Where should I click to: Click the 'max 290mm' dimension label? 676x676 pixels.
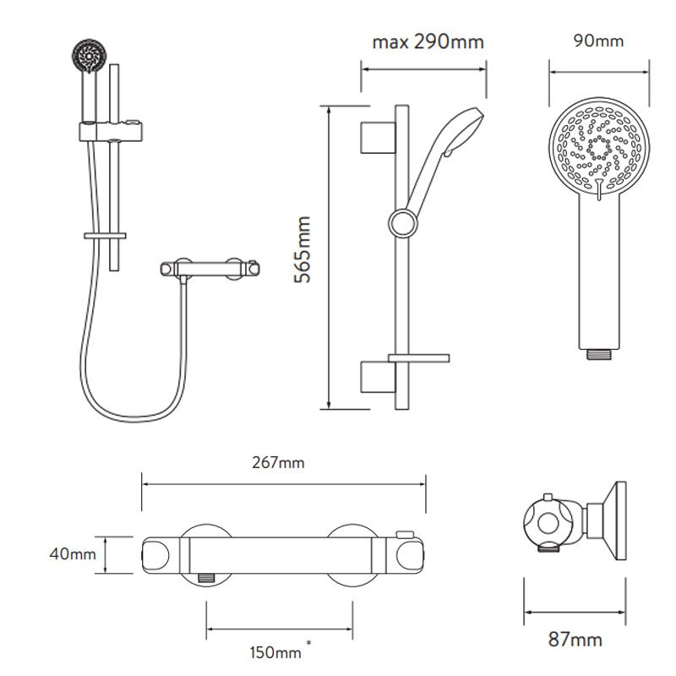click(428, 42)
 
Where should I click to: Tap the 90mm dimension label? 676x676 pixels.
click(598, 41)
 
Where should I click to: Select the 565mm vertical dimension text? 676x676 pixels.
click(303, 249)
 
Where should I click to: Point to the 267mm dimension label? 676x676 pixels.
click(278, 462)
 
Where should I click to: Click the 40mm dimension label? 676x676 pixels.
click(73, 553)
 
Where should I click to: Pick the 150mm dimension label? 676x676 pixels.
click(275, 652)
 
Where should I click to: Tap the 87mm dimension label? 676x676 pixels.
click(575, 639)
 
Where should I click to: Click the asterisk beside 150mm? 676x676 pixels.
click(308, 643)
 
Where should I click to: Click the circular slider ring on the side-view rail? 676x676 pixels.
click(403, 223)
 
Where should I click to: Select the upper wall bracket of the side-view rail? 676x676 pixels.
click(378, 138)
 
